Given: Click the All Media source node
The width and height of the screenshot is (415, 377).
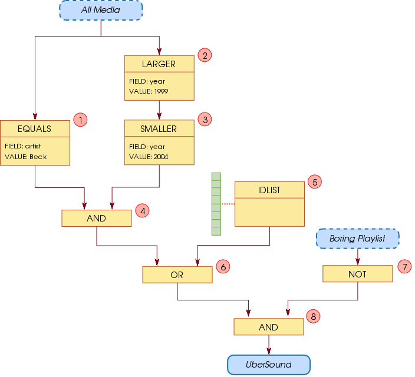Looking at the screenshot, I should tap(101, 10).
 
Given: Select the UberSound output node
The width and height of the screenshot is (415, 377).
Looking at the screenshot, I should tap(268, 365).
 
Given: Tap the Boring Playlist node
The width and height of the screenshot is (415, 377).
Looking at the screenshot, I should tap(357, 239).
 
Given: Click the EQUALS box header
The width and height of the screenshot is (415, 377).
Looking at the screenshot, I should tap(35, 129).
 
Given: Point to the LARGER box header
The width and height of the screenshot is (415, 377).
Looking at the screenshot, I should tap(159, 64).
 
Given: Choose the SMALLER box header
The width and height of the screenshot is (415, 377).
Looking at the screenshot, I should tap(159, 129).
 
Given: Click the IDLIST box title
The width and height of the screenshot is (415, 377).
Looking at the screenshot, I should tap(269, 190).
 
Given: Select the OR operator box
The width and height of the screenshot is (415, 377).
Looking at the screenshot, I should tap(177, 275).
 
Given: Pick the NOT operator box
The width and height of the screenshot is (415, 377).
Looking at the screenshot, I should tap(357, 274).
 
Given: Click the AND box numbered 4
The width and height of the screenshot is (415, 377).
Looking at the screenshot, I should tap(96, 219).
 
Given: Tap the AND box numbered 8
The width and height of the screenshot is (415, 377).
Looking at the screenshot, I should tap(268, 328).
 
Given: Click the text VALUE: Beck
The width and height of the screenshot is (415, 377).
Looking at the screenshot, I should tap(25, 157).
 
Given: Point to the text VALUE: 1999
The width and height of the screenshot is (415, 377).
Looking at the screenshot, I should tap(149, 91).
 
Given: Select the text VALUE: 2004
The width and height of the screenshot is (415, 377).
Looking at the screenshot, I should tap(149, 157).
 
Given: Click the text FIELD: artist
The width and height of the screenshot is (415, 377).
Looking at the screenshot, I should tap(23, 145).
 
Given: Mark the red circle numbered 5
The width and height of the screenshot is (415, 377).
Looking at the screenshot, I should tap(315, 182).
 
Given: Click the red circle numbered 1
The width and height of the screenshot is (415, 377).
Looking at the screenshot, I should tap(80, 120).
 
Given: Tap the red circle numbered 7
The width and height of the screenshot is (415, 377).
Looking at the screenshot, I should tap(404, 267).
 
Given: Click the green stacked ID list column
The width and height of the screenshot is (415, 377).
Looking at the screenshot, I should tap(216, 204).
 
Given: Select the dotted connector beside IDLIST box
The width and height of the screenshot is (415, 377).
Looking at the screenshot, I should tap(228, 204).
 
